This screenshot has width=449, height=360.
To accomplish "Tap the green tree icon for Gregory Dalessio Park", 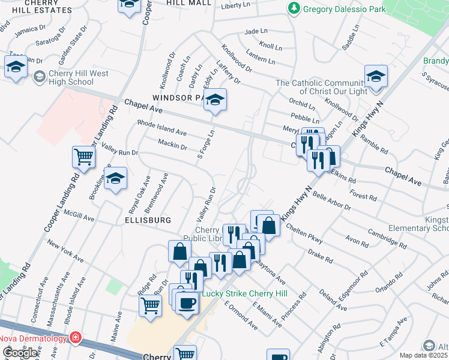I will click(x=294, y=8).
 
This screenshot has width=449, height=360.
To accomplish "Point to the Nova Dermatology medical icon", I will click(x=75, y=338).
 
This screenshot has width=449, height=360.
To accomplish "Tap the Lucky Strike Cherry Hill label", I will click(x=244, y=293).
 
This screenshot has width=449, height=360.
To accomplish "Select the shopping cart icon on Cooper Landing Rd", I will click(x=83, y=157).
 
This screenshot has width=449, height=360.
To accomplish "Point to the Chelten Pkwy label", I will click(x=306, y=235).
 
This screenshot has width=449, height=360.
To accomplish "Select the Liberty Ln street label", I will click(x=235, y=5).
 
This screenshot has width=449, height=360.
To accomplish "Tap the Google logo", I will click(x=20, y=353).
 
